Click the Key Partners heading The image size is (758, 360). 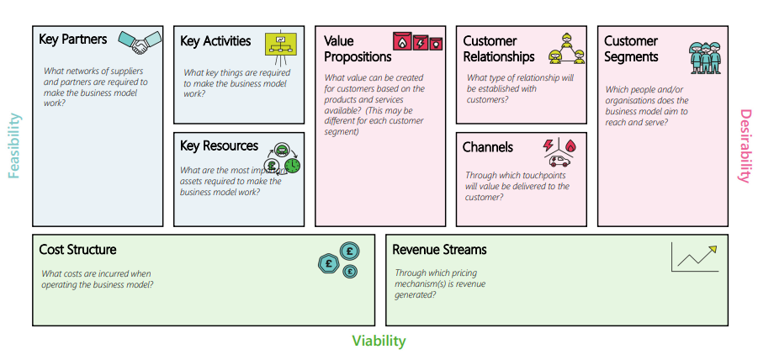point(72,39)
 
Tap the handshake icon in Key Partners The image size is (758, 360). point(140,40)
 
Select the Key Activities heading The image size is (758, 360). point(215,41)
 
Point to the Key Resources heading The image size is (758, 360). point(219,146)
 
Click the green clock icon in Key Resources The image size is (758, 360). point(292,166)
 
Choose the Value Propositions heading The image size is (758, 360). point(358,49)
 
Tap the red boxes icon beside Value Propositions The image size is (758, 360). point(418,41)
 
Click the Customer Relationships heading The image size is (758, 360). point(498,49)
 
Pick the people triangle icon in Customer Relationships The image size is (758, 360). point(566,49)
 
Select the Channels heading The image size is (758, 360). point(487,147)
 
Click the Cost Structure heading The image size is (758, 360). point(77,250)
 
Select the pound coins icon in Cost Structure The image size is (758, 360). point(339,259)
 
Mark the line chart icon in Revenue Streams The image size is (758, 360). point(694,257)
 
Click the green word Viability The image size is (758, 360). point(379,341)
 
